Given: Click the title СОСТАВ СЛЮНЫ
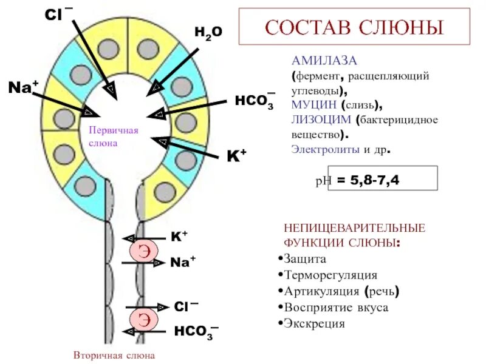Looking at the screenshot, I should [354, 27].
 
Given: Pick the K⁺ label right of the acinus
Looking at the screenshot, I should [236, 156].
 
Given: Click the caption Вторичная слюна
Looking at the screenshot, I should [114, 356].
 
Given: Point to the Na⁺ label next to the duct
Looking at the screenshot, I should [182, 262].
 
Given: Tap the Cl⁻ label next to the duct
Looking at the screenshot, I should [185, 306].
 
